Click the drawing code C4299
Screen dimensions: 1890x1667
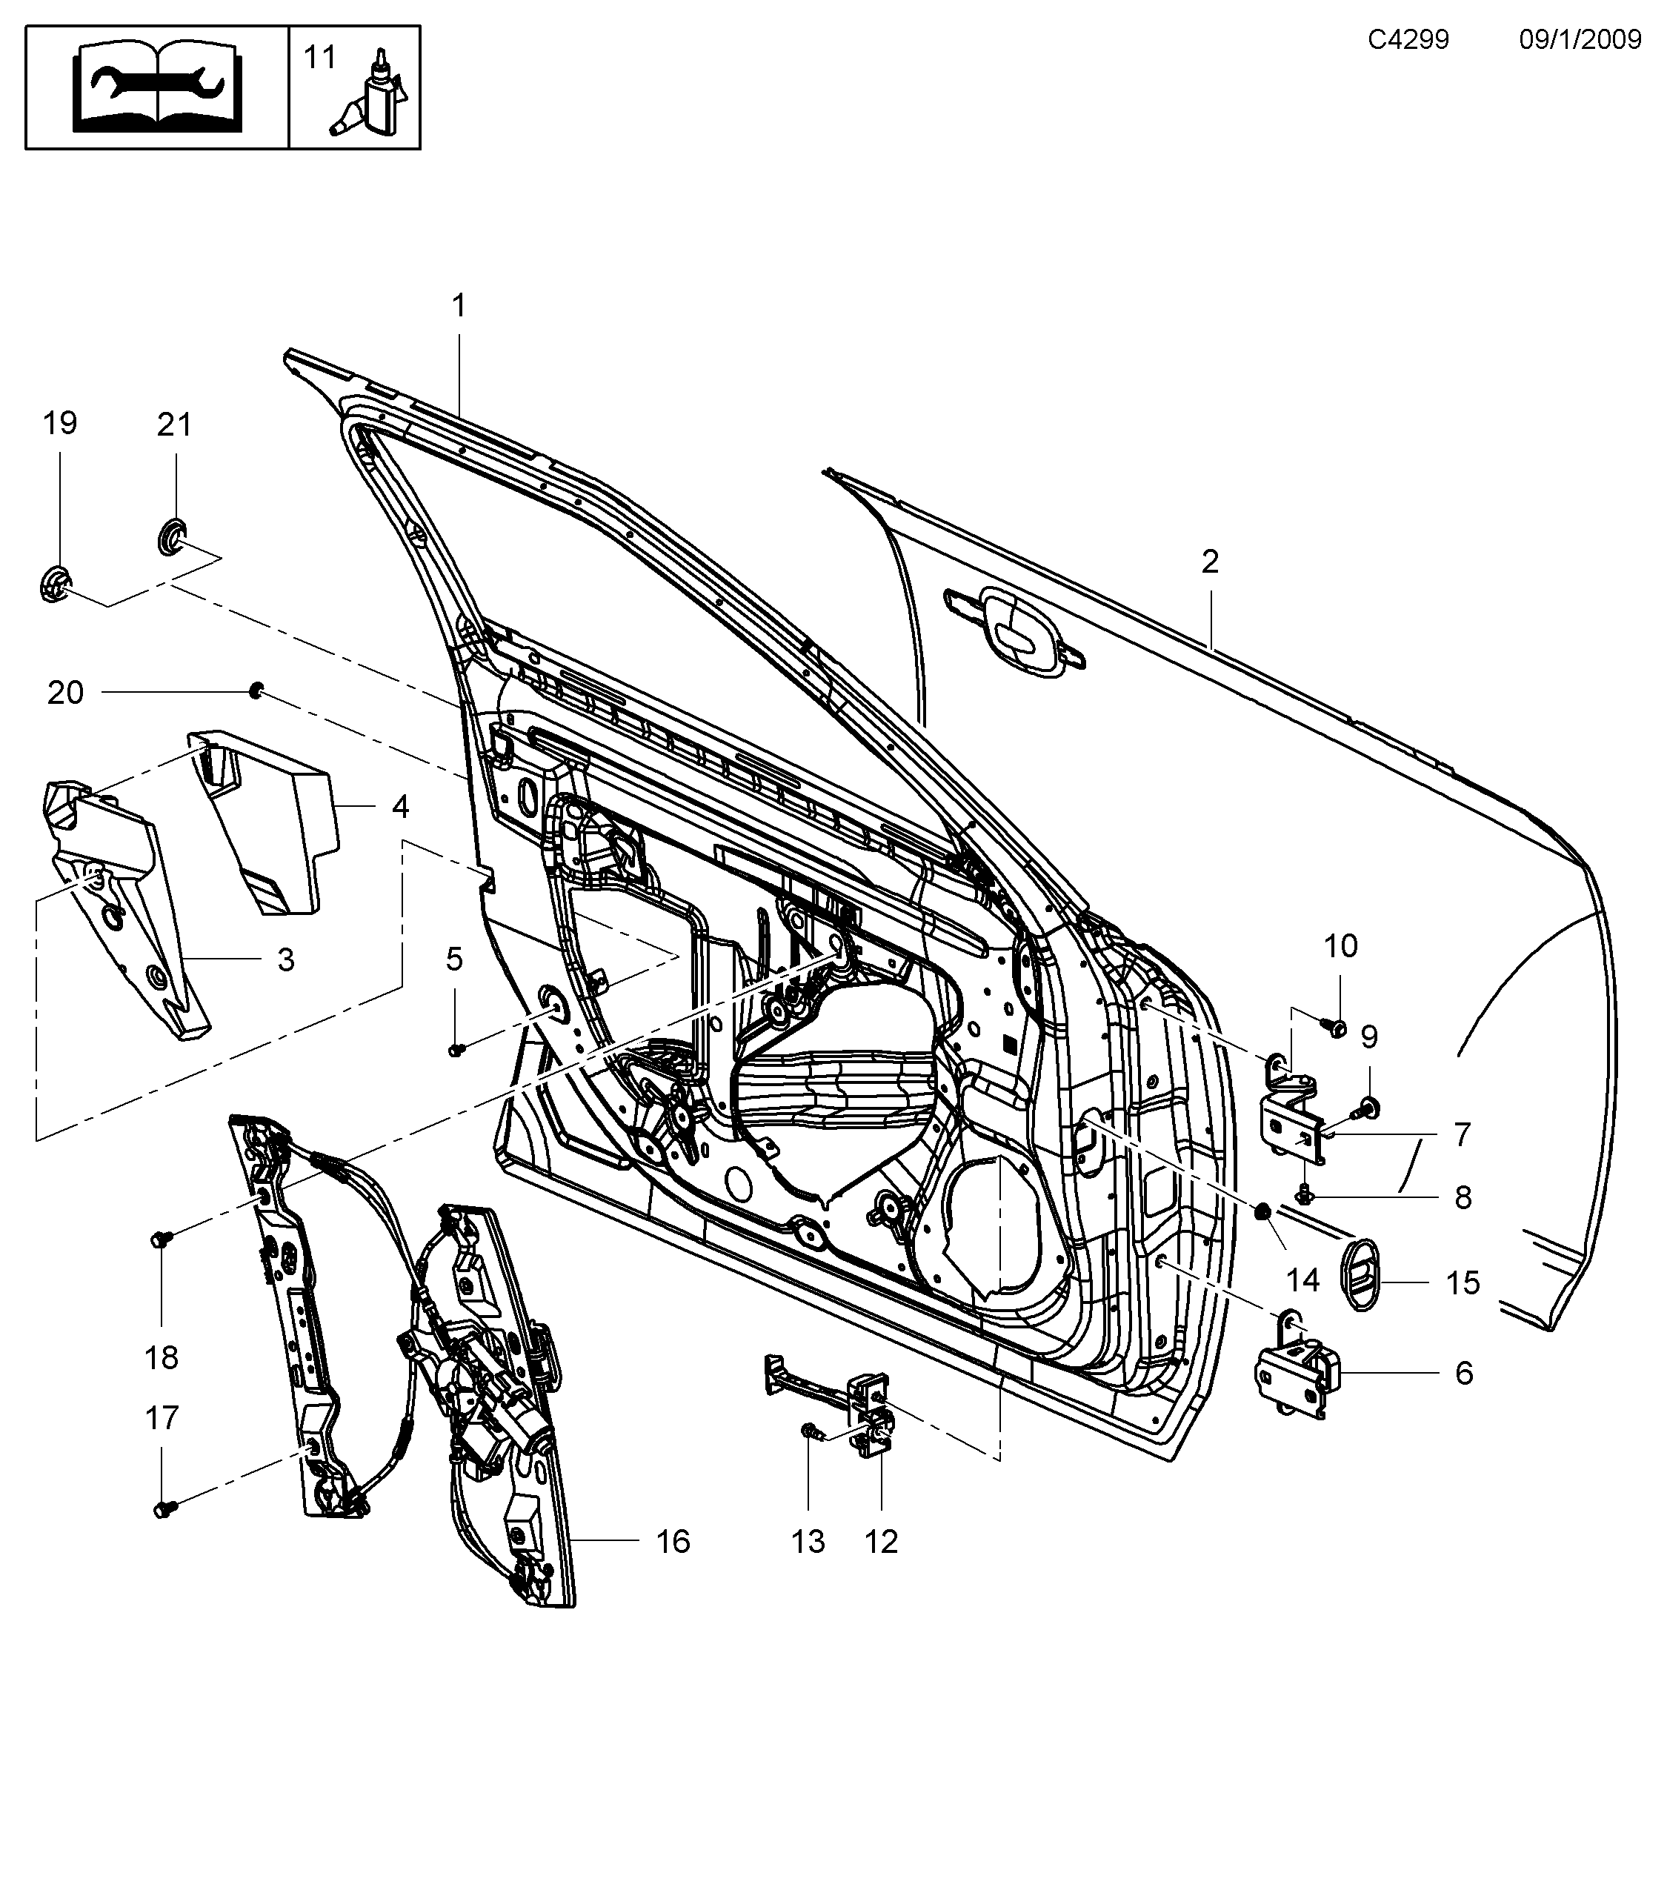pyautogui.click(x=1408, y=40)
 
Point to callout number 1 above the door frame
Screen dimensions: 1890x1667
pyautogui.click(x=459, y=305)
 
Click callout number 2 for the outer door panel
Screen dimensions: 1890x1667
pyautogui.click(x=1211, y=562)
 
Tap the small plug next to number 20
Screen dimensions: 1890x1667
pyautogui.click(x=257, y=690)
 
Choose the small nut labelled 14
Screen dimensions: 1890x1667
pyautogui.click(x=1260, y=1211)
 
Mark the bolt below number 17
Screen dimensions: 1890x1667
pyautogui.click(x=164, y=1509)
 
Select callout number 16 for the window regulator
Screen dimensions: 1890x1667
pyautogui.click(x=672, y=1541)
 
